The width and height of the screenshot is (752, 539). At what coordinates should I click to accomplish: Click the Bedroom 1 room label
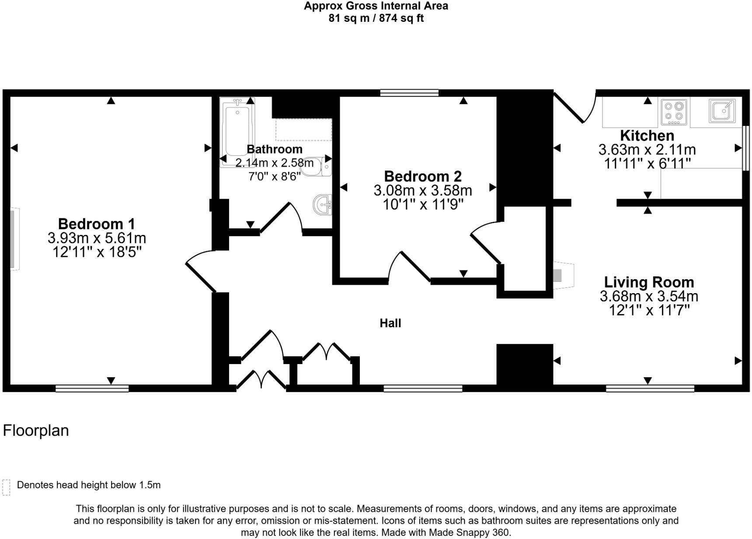pos(96,224)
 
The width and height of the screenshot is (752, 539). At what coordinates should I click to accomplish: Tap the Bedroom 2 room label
pos(422,176)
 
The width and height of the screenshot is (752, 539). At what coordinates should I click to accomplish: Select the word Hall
pos(390,323)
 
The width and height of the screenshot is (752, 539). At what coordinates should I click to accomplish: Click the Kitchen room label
pos(647,135)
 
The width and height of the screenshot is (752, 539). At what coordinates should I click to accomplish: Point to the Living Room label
pos(648,282)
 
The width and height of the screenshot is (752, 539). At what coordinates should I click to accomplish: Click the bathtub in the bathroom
pos(237,131)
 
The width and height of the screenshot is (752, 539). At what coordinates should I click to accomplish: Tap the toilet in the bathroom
pos(317,167)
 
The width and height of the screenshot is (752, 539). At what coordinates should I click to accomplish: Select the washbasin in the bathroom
pos(323,205)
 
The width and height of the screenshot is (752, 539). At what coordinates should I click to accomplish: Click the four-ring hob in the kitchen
pos(674,111)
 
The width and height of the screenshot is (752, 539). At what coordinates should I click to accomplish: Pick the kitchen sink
pos(722,110)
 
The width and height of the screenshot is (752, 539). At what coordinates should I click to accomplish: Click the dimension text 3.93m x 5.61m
pos(97,238)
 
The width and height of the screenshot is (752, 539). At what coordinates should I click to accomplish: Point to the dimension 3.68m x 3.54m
pos(648,296)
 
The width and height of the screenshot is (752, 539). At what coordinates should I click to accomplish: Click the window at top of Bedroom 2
pos(409,93)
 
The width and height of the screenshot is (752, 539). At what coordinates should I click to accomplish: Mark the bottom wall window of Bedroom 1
pos(92,388)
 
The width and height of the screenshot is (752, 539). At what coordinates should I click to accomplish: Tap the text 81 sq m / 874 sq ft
pos(376,18)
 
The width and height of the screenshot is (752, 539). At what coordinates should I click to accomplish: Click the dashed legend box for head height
pos(6,487)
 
